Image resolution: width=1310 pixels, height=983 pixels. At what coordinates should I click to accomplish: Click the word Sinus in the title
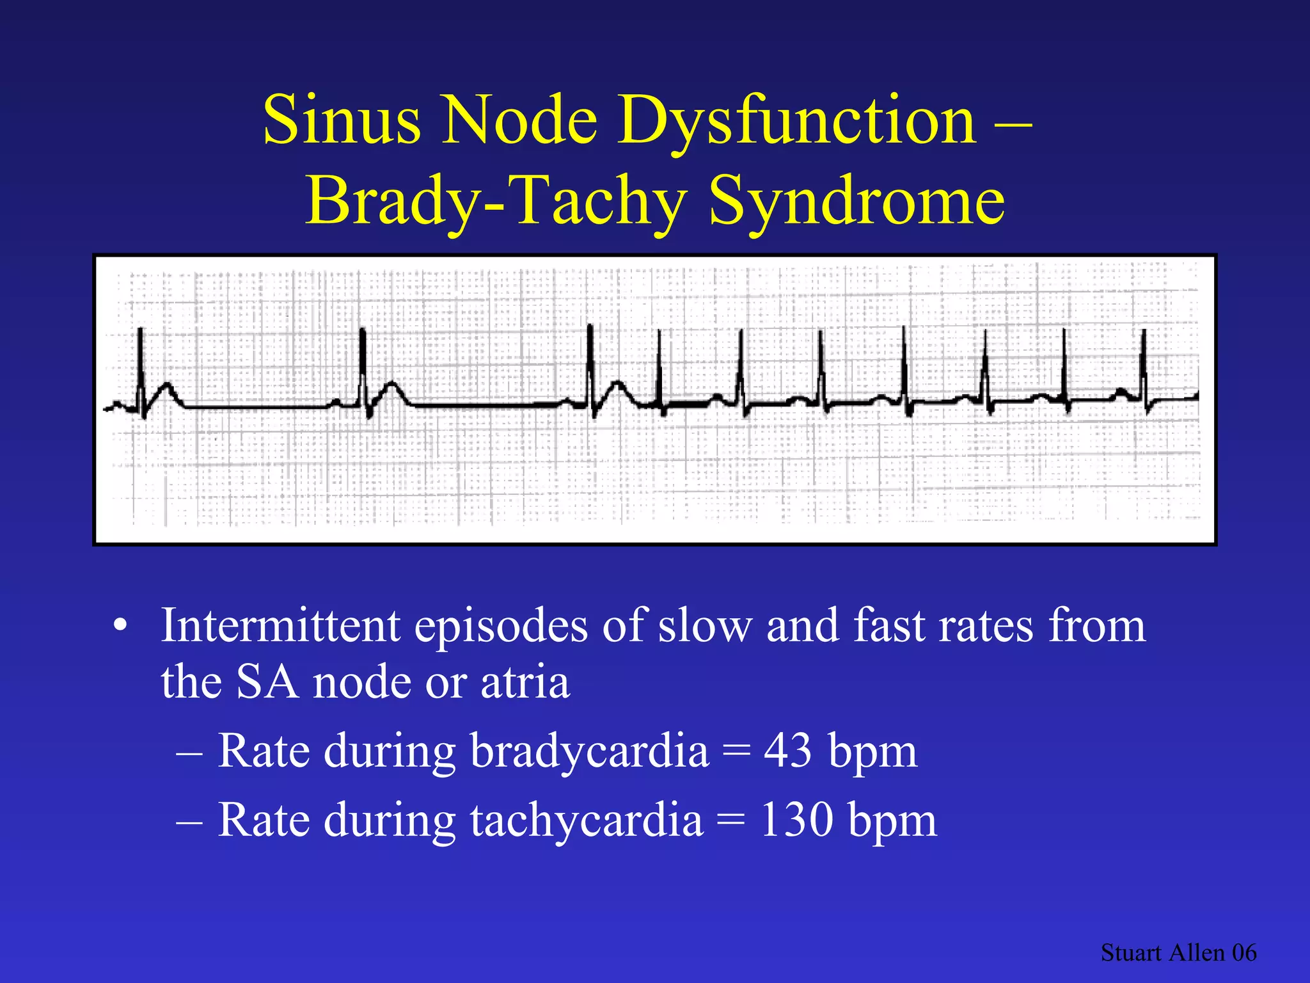click(342, 120)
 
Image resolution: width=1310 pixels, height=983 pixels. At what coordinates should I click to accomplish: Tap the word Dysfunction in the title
click(797, 120)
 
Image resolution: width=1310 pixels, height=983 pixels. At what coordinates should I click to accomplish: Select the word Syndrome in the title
click(857, 201)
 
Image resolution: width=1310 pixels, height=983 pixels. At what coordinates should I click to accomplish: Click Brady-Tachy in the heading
click(496, 201)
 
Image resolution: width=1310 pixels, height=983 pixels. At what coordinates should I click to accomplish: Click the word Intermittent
click(280, 625)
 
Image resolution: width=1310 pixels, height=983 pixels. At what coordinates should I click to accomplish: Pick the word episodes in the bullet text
click(500, 625)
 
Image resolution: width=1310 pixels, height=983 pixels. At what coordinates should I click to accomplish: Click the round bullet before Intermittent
click(120, 627)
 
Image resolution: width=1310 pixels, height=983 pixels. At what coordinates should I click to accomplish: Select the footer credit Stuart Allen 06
click(1178, 952)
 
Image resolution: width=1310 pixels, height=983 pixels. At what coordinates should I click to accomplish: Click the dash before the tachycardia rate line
click(190, 820)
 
